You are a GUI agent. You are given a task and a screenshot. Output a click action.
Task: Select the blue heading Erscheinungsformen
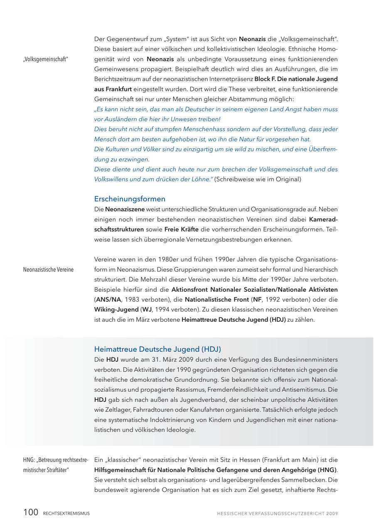pyautogui.click(x=130, y=199)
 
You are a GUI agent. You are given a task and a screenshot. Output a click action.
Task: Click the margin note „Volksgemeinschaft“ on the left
pyautogui.click(x=45, y=59)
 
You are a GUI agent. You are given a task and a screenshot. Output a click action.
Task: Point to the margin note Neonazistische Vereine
pyautogui.click(x=48, y=270)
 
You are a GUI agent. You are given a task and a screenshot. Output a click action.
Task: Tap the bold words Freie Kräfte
pyautogui.click(x=182, y=230)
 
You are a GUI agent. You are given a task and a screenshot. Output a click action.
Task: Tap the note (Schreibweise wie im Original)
pyautogui.click(x=258, y=179)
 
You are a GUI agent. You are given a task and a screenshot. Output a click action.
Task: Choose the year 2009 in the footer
pyautogui.click(x=332, y=513)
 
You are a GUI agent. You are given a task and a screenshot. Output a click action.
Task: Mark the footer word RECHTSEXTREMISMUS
pyautogui.click(x=66, y=513)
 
